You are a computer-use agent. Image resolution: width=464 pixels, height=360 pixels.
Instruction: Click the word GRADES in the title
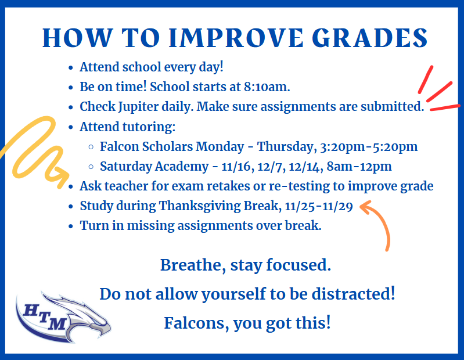(x=369, y=38)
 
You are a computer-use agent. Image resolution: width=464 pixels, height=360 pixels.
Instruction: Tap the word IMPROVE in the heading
(x=236, y=38)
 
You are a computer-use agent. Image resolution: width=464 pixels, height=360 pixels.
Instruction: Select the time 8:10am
(x=267, y=87)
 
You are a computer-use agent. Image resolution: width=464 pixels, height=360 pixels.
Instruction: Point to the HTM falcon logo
(x=63, y=317)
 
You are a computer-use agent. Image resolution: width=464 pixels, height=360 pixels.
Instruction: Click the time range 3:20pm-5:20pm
(x=369, y=147)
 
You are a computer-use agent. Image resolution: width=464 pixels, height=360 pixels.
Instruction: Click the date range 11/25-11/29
(x=319, y=206)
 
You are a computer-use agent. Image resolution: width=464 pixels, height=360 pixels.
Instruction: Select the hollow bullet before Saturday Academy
(x=91, y=167)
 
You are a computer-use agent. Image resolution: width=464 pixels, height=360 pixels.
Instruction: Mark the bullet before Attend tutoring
(x=70, y=128)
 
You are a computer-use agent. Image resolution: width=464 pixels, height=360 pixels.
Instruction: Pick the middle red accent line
(x=439, y=91)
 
